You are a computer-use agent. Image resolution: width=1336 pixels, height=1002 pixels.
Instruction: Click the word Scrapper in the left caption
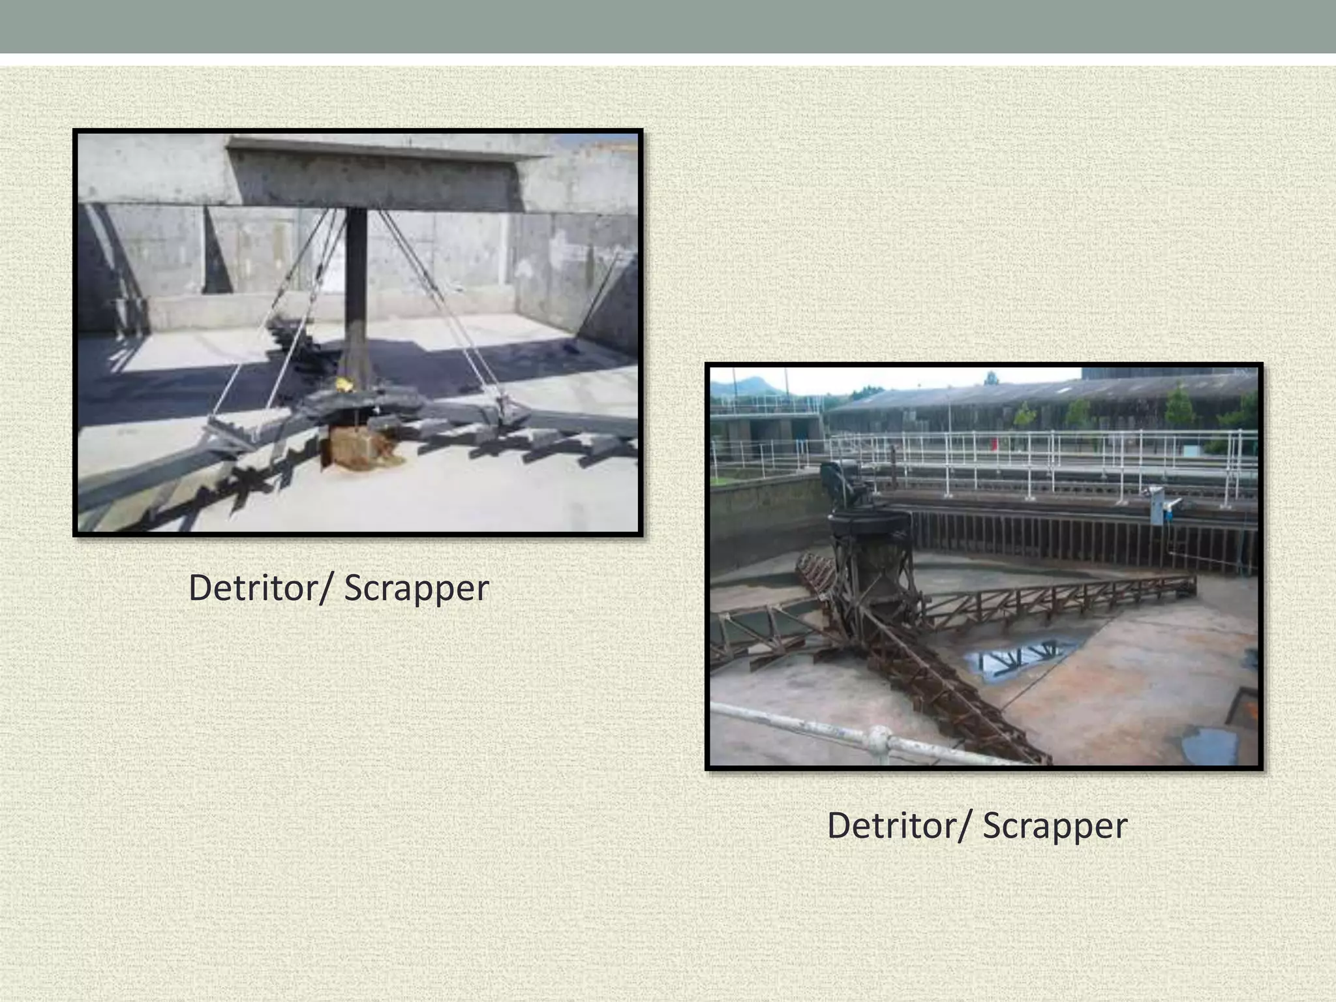point(416,589)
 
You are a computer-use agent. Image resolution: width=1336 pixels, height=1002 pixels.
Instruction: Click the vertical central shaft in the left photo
point(356,287)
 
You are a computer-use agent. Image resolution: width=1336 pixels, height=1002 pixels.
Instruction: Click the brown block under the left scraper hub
point(363,447)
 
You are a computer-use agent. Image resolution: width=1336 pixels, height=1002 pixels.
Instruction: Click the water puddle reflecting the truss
point(1018,659)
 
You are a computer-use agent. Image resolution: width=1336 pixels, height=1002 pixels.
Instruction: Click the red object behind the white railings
point(995,444)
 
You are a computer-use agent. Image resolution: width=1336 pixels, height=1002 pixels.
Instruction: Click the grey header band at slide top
point(668,26)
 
